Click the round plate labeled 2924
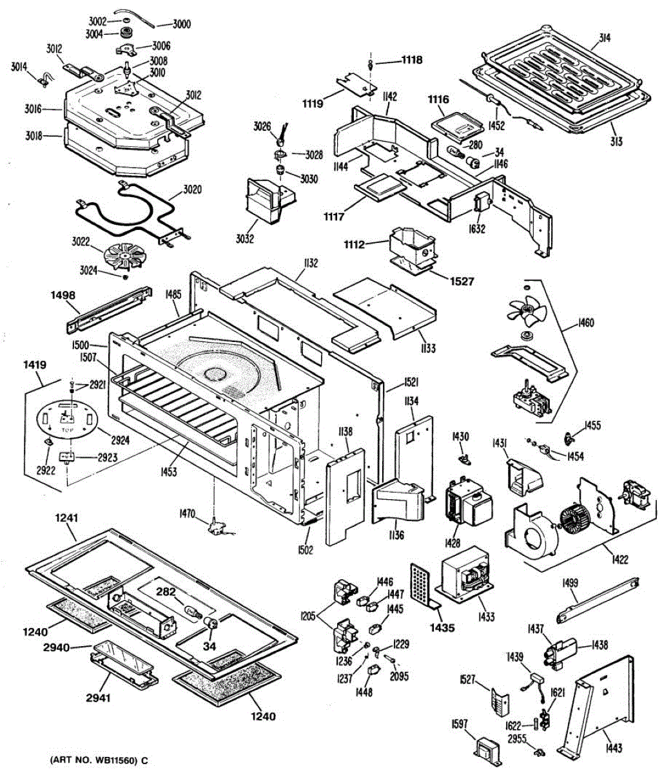(x=66, y=422)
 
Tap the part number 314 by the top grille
(x=603, y=38)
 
